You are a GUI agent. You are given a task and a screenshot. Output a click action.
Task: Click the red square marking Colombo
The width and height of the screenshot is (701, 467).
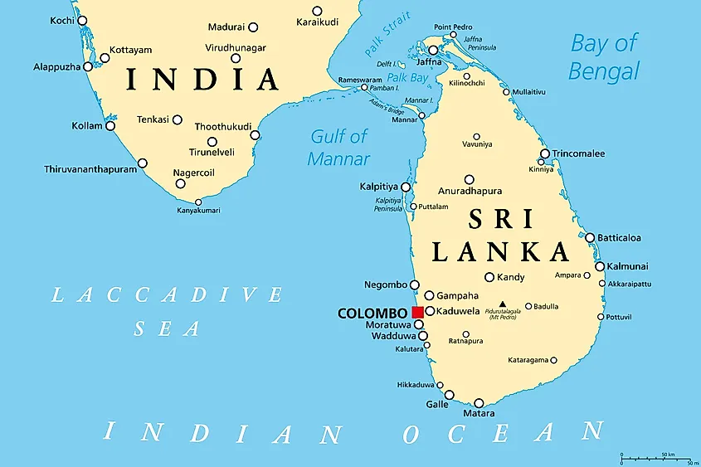[417, 313]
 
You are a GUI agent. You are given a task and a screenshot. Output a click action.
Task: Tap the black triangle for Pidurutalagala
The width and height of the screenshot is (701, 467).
[502, 304]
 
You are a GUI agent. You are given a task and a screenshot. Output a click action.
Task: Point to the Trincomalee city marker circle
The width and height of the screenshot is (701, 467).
[545, 153]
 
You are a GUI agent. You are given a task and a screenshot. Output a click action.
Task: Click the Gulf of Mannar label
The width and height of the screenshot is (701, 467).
[338, 147]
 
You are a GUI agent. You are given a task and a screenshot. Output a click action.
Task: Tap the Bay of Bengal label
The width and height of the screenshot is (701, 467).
[604, 56]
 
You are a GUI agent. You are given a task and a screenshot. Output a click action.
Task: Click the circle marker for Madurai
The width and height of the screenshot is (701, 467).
[253, 27]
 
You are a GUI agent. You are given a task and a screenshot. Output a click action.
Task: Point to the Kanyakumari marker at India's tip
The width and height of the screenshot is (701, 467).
[198, 202]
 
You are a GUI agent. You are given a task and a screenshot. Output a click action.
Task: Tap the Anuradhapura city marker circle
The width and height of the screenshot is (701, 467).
[470, 179]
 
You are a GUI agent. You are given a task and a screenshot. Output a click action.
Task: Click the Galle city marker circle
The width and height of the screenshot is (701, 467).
[450, 395]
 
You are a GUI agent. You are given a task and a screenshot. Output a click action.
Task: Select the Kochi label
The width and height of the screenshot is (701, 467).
[61, 20]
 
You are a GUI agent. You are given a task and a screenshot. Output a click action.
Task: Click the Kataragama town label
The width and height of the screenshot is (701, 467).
[528, 360]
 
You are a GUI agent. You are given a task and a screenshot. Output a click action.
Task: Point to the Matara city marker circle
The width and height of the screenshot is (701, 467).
[479, 403]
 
